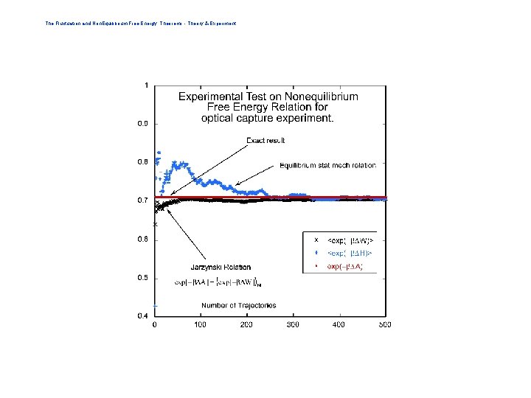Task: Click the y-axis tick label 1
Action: click(146, 85)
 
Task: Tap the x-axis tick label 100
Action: click(200, 324)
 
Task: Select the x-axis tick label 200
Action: click(246, 324)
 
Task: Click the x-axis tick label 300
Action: click(292, 324)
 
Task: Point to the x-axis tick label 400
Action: click(339, 324)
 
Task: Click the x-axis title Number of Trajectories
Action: click(238, 305)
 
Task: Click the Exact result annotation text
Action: click(265, 141)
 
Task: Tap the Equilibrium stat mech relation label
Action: click(327, 166)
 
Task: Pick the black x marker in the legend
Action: click(316, 240)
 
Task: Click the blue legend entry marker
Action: click(316, 253)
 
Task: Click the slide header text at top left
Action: click(140, 24)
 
